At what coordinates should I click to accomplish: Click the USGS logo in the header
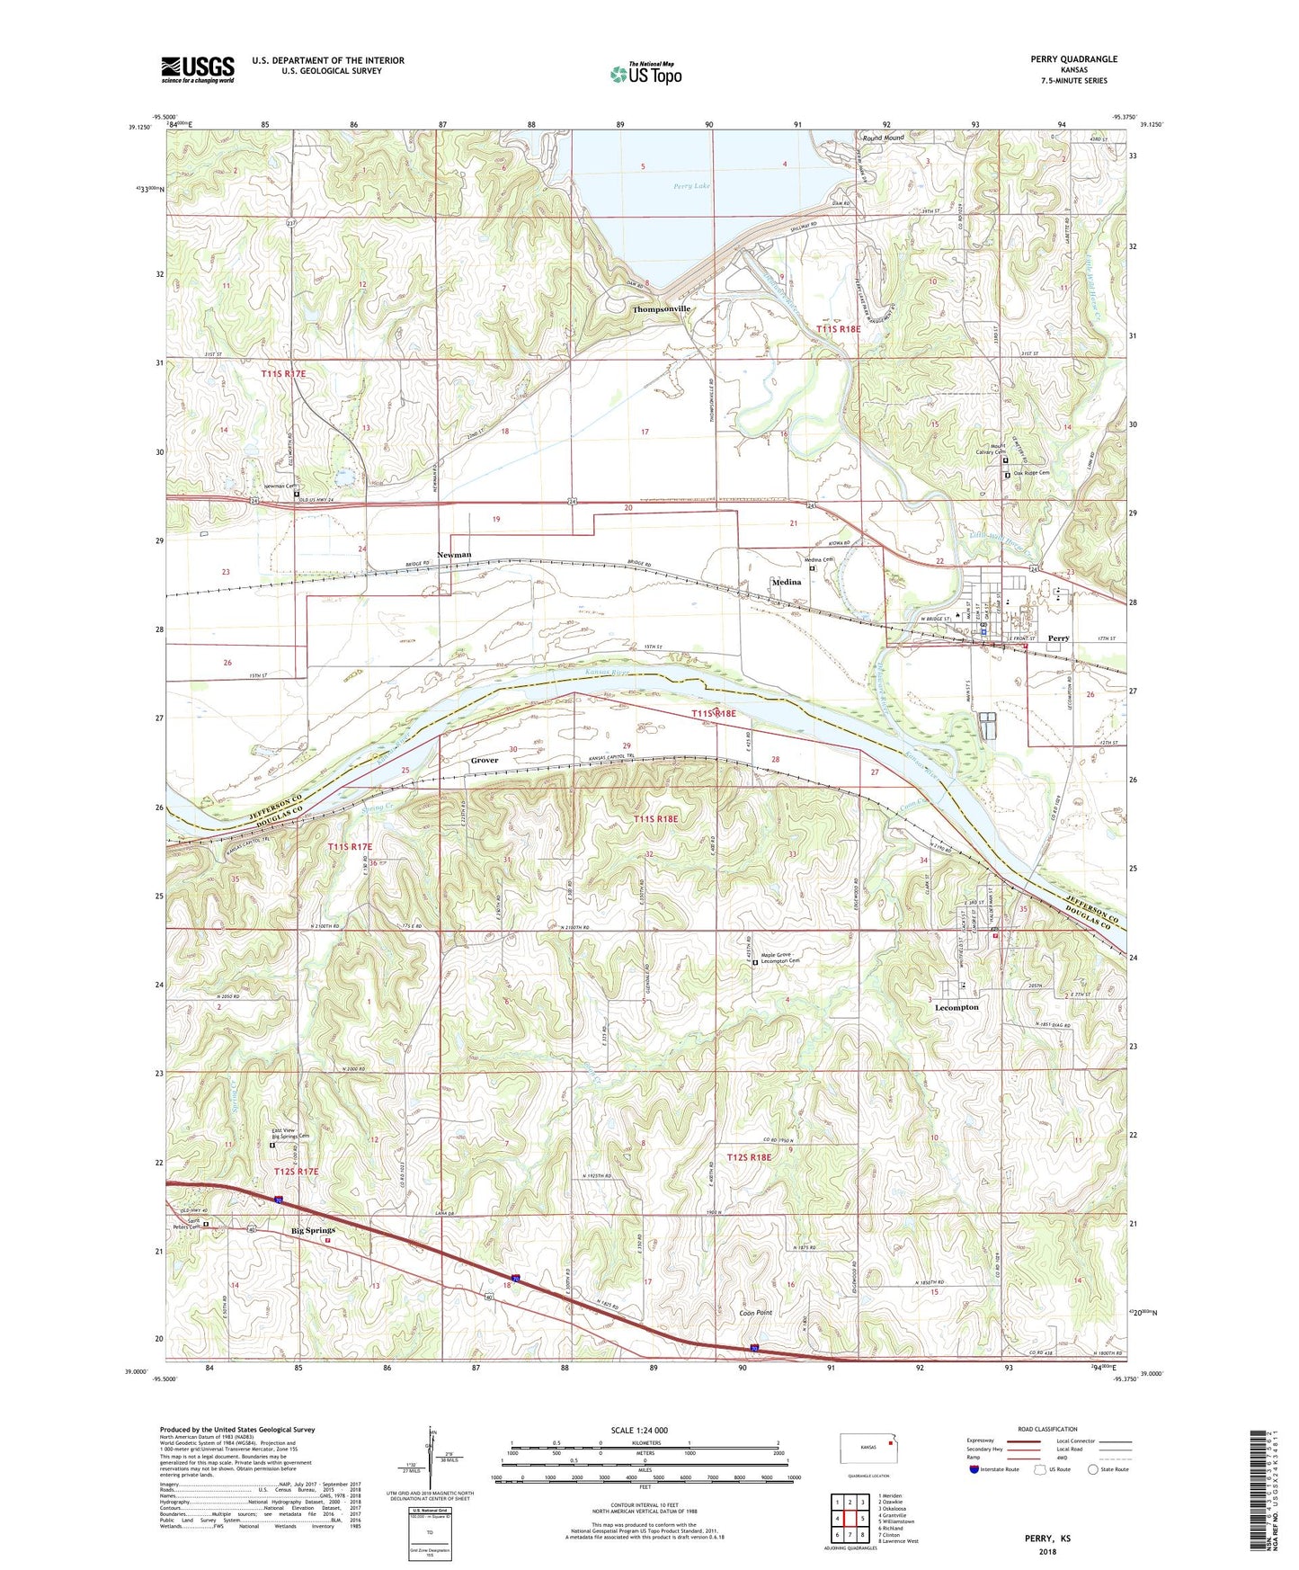[x=198, y=69]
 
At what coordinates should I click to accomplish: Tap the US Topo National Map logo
[x=645, y=73]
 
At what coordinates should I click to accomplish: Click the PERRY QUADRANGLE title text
[x=1073, y=59]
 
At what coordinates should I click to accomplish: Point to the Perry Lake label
[x=691, y=187]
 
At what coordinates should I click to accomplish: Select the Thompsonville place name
[x=661, y=308]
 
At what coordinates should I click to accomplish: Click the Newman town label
[x=454, y=555]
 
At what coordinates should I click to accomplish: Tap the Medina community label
[x=786, y=583]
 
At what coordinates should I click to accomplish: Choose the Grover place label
[x=484, y=761]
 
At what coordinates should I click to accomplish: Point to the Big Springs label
[x=313, y=1230]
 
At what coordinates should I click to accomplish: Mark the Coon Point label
[x=755, y=1313]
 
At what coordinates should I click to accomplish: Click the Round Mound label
[x=883, y=138]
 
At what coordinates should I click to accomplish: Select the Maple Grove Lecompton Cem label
[x=780, y=958]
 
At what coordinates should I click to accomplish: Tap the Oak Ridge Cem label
[x=1031, y=474]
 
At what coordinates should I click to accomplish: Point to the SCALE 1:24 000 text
[x=645, y=1431]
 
